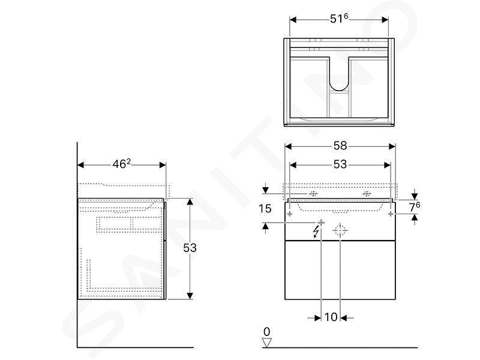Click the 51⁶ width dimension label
pyautogui.click(x=339, y=19)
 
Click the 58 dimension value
pyautogui.click(x=340, y=146)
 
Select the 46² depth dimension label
pyautogui.click(x=122, y=164)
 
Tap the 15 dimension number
pyautogui.click(x=265, y=209)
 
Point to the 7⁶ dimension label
pyautogui.click(x=415, y=207)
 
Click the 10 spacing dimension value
pyautogui.click(x=331, y=317)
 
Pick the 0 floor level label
pyautogui.click(x=266, y=332)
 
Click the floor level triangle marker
pyautogui.click(x=266, y=343)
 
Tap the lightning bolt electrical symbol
pyautogui.click(x=316, y=232)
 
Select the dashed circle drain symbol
pyautogui.click(x=340, y=230)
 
